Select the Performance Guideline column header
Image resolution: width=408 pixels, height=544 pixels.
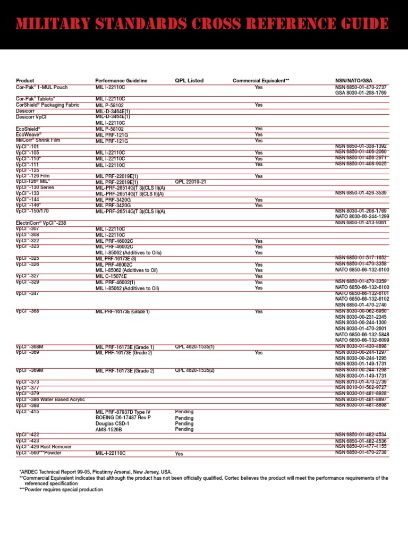coord(121,81)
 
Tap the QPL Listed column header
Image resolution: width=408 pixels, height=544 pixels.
coord(189,81)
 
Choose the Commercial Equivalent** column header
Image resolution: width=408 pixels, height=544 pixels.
coord(261,81)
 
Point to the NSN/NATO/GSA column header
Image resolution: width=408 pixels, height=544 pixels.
coord(357,81)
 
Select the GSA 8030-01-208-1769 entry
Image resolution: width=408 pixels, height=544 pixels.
coord(361,93)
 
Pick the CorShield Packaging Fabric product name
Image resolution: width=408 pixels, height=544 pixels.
coord(48,105)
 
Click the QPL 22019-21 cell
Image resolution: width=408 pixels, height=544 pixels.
coord(191,182)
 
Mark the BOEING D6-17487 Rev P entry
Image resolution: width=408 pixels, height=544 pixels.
coord(123,418)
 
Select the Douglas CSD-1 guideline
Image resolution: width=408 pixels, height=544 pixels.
coord(113,424)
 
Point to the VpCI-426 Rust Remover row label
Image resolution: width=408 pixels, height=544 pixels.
coord(44,447)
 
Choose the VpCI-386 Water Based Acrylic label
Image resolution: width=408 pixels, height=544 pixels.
coord(50,399)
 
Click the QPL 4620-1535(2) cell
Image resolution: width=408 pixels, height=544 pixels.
coord(195,370)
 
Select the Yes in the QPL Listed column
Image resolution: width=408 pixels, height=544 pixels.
coord(179,454)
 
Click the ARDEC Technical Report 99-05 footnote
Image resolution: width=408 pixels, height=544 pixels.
coord(96,472)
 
